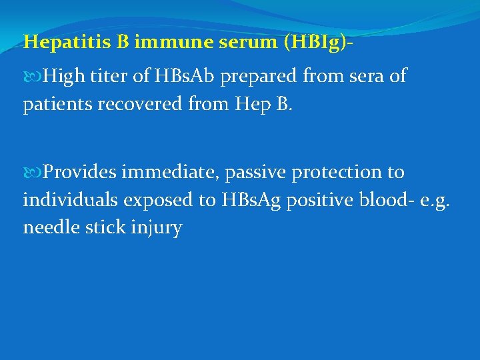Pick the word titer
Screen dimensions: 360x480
pyautogui.click(x=108, y=77)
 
